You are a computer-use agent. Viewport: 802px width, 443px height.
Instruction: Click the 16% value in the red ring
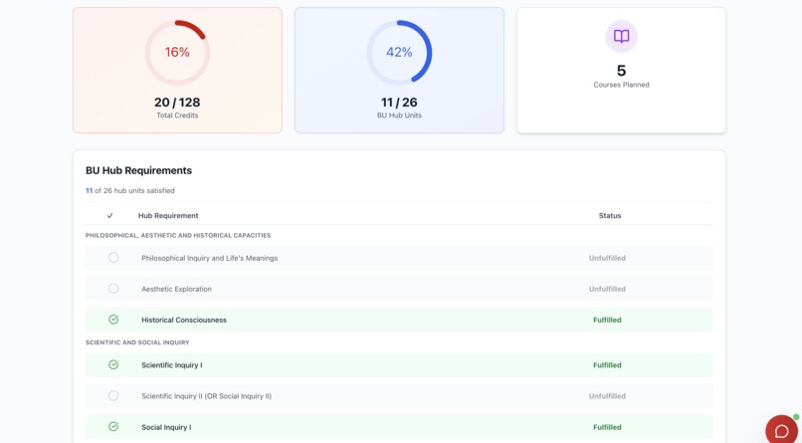(x=177, y=53)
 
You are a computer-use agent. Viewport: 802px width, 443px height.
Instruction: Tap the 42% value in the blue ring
(x=399, y=53)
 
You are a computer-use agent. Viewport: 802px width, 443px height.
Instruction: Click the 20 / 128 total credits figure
(x=177, y=103)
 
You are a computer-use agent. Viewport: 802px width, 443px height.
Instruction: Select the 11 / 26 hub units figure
(x=399, y=103)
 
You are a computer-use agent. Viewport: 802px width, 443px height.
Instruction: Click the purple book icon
(x=621, y=37)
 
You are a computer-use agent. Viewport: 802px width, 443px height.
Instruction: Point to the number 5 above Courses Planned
(x=621, y=71)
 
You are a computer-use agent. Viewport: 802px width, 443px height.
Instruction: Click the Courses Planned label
(x=621, y=85)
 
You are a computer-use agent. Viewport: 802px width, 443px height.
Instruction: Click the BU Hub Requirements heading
(x=138, y=170)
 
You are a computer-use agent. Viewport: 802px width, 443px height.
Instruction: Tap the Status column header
(x=609, y=216)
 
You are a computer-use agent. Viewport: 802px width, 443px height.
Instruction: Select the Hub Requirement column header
(x=168, y=216)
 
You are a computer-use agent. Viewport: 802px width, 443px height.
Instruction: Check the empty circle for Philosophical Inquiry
(x=113, y=258)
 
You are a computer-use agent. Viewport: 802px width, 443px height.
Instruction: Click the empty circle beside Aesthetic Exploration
(x=113, y=289)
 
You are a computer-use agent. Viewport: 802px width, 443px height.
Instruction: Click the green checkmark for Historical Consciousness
(x=113, y=320)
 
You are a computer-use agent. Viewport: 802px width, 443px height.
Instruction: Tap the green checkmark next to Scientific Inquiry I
(x=113, y=365)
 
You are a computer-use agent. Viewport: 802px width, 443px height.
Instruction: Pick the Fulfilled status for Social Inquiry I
(x=607, y=427)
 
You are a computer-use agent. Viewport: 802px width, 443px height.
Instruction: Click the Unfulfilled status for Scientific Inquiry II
(x=607, y=396)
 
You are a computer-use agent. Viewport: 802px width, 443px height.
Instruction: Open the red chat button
(x=781, y=430)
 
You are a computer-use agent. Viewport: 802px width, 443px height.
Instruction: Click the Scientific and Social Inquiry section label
(x=137, y=342)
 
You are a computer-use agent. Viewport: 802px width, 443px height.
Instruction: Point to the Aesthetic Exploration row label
(x=176, y=289)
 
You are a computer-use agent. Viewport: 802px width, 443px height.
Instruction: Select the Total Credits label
(x=177, y=115)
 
